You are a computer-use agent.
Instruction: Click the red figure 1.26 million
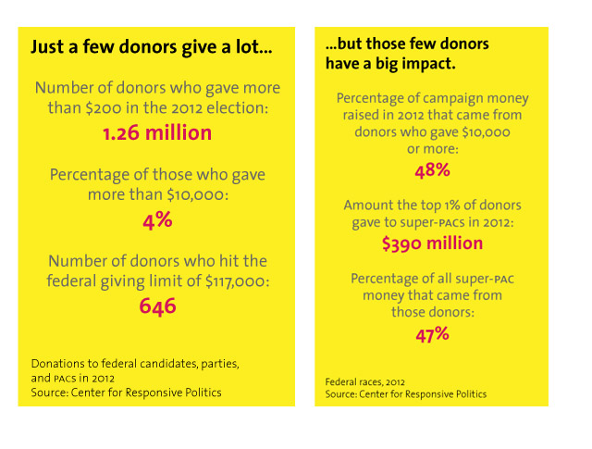157,133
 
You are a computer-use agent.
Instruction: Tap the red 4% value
157,221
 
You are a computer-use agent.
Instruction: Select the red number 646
157,306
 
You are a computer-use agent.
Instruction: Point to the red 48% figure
432,170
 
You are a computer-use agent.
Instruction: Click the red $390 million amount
432,243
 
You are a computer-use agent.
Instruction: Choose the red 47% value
432,334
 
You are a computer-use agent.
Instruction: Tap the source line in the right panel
406,394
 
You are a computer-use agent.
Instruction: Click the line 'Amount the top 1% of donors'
432,206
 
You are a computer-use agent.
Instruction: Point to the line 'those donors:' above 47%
432,313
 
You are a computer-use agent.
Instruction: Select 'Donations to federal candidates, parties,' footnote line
135,364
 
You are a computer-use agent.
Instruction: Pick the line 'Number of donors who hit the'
157,261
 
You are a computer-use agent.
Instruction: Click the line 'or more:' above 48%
432,148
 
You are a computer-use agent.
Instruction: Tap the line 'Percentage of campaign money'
432,97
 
